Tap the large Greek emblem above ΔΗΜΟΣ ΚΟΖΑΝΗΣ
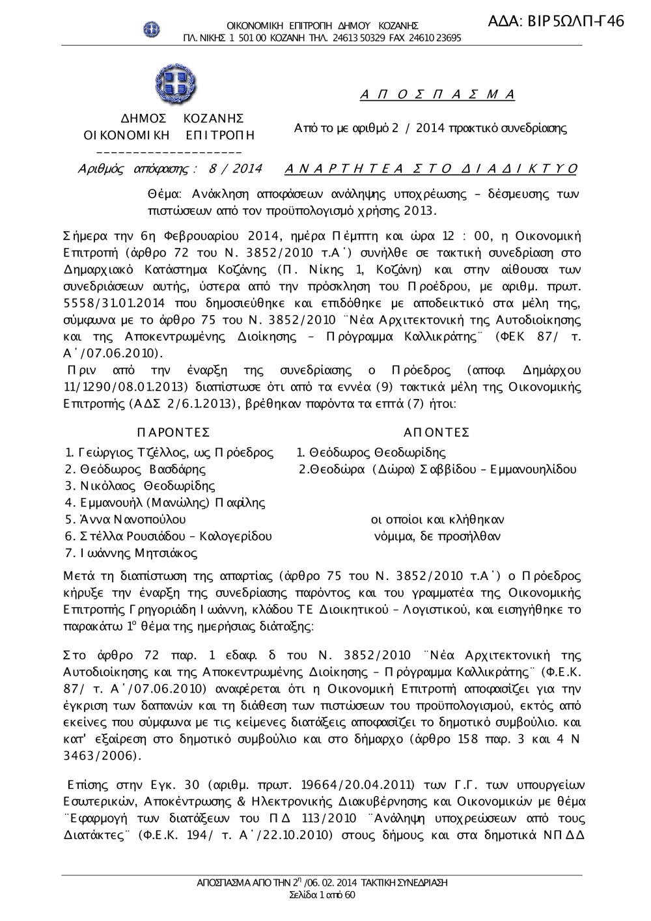point(176,84)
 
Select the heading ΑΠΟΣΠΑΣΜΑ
point(437,95)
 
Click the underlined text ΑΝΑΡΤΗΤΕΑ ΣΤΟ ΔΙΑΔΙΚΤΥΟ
point(431,169)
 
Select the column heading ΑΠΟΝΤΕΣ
point(437,433)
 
